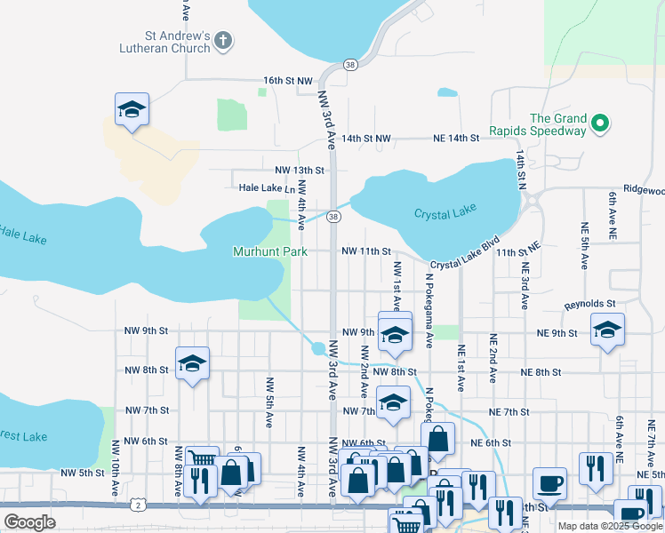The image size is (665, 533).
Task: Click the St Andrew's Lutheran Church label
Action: tap(166, 42)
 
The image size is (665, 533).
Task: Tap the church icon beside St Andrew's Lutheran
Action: tap(223, 40)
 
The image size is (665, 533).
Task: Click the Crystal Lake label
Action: tap(445, 211)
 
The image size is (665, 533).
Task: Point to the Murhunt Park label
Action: tap(270, 251)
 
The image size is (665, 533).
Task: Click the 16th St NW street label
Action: tap(287, 80)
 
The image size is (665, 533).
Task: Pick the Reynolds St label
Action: tap(589, 305)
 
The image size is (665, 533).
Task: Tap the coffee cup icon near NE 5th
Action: tap(549, 482)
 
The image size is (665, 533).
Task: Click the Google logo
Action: tap(29, 521)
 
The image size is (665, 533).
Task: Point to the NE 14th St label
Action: tap(456, 139)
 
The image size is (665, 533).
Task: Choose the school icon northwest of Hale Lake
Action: tap(132, 109)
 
